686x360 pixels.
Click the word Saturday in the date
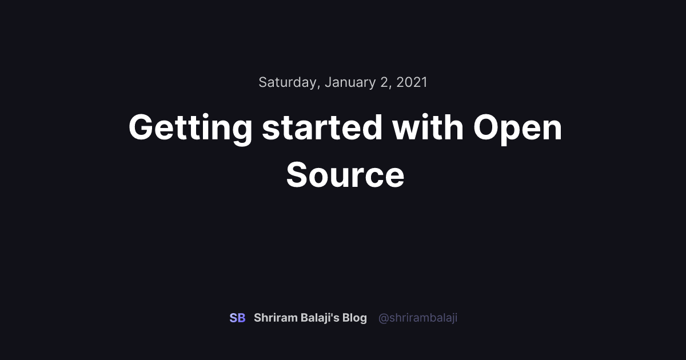(x=288, y=82)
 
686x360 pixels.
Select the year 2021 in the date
(x=412, y=82)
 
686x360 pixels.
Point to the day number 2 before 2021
(x=385, y=82)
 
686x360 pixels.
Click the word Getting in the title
(x=190, y=128)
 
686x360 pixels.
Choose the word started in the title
(x=322, y=128)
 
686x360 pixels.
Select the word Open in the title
(x=517, y=128)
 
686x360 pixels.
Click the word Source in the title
(x=345, y=175)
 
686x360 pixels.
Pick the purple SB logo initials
(x=237, y=318)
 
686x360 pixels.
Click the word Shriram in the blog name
(x=276, y=318)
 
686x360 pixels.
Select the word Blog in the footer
(x=354, y=318)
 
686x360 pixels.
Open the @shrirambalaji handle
(x=418, y=318)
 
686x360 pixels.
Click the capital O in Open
(x=488, y=128)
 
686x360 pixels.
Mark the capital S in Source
(x=300, y=175)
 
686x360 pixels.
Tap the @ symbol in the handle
(x=383, y=318)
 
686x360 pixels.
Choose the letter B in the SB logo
(x=241, y=318)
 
